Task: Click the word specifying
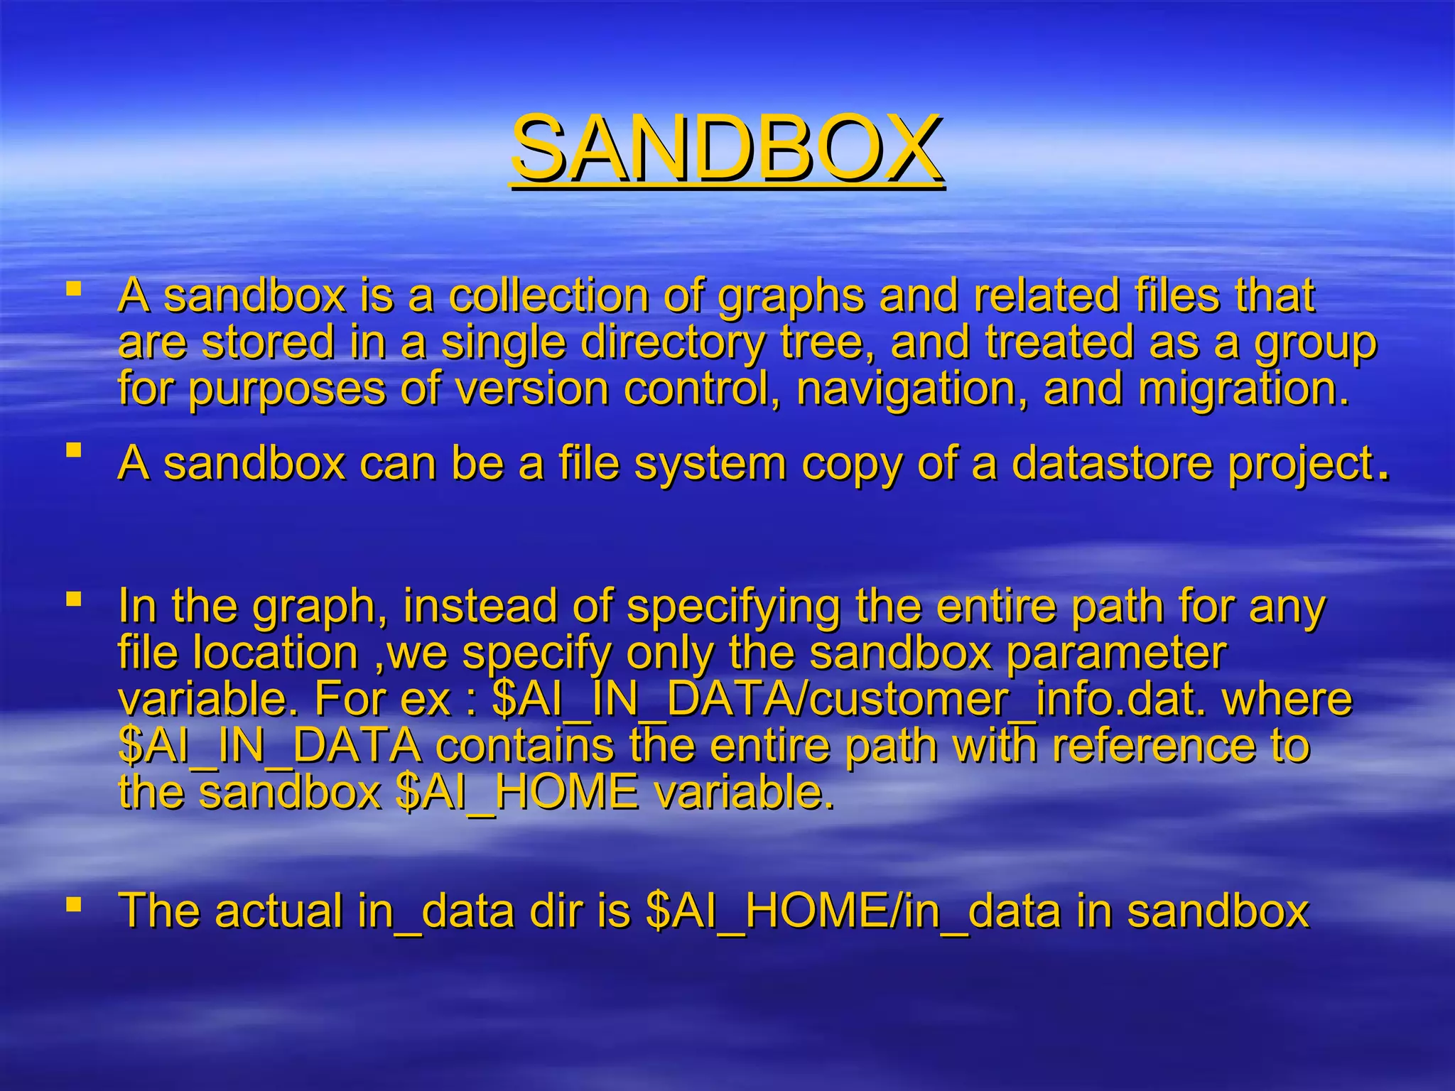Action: click(x=734, y=609)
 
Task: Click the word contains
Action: click(x=525, y=746)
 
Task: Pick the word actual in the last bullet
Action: click(x=279, y=910)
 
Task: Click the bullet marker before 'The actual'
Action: click(x=73, y=904)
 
